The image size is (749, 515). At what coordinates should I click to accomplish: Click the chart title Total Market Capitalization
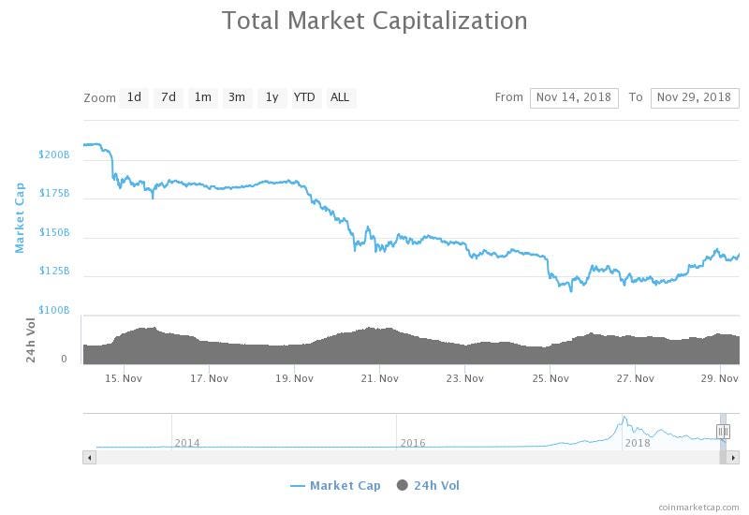374,21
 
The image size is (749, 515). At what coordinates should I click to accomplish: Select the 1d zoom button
134,97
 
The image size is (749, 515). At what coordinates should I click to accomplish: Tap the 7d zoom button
169,97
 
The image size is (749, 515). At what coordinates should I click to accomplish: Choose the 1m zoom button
202,97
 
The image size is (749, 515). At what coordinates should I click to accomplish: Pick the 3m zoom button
237,97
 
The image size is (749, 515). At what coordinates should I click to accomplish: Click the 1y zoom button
272,97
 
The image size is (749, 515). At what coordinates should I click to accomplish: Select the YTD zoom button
304,97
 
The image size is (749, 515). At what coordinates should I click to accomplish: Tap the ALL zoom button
340,97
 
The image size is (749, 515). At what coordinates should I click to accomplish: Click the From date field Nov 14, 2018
574,97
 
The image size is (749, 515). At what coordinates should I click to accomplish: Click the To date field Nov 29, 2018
694,97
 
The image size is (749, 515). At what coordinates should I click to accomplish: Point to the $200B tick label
54,154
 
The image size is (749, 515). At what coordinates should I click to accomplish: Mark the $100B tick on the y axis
54,310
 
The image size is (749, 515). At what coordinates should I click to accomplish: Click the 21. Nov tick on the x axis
379,378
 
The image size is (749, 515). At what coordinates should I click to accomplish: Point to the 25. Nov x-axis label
551,378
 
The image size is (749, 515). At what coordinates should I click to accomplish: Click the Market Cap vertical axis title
19,217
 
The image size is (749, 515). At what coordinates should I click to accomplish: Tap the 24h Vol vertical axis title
31,339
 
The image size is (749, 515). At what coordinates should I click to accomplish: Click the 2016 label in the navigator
413,443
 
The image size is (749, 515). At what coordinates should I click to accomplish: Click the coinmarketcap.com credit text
698,507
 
